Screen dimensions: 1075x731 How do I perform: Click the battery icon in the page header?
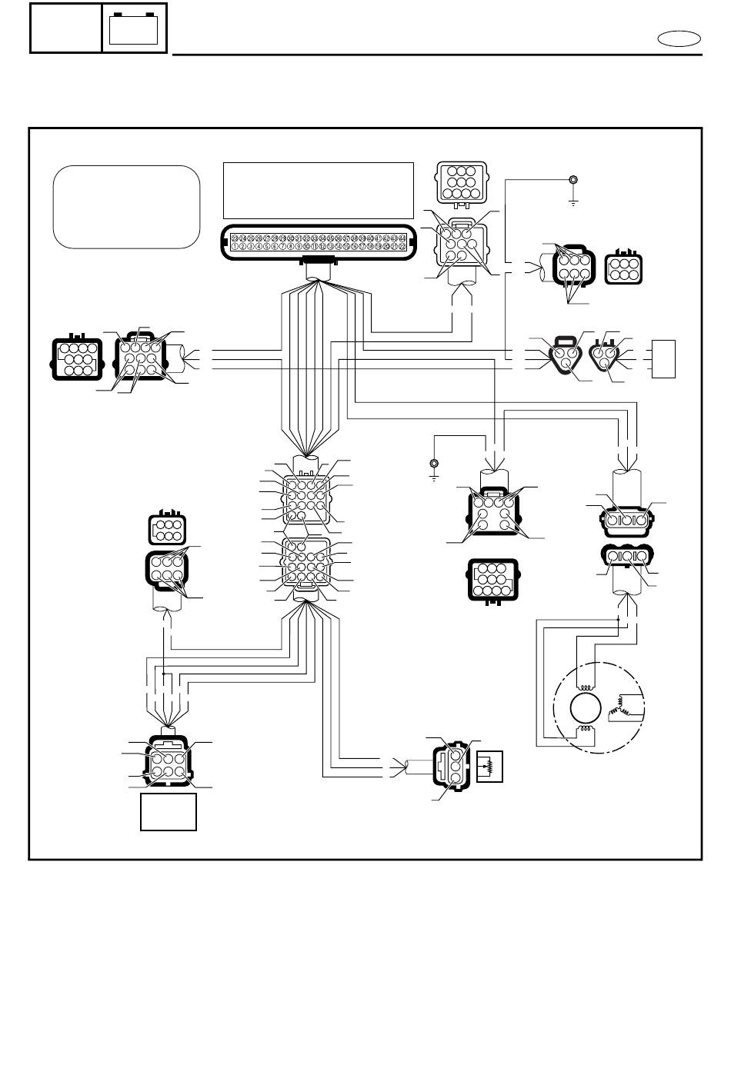click(134, 28)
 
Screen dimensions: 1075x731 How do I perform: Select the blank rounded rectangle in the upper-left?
click(126, 207)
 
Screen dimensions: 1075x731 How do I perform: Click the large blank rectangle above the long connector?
click(318, 190)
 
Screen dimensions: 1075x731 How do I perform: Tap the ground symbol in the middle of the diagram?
click(434, 467)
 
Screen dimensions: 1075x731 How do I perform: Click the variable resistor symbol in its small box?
click(489, 766)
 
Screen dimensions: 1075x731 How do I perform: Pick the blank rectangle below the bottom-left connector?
click(169, 812)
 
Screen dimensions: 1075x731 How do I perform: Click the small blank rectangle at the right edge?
click(663, 358)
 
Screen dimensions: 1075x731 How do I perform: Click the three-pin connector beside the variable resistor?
click(452, 764)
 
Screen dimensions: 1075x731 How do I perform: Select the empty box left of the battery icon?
click(66, 28)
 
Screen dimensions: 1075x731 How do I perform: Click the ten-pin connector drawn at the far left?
click(75, 358)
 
